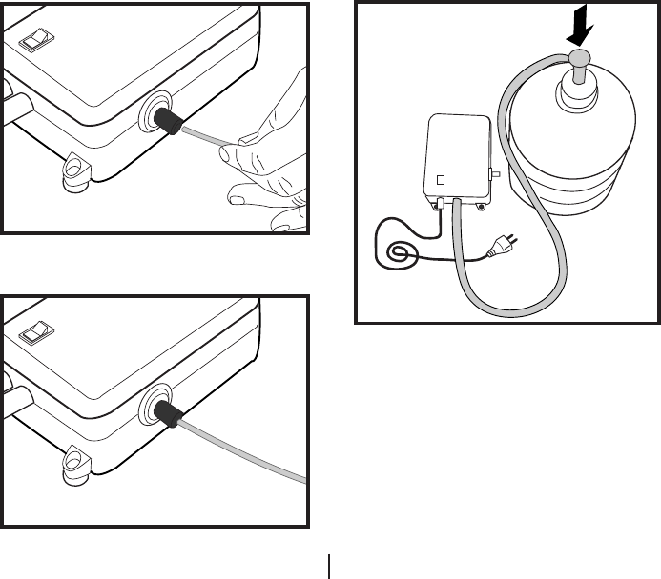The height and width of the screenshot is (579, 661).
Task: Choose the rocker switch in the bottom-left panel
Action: click(x=36, y=330)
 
